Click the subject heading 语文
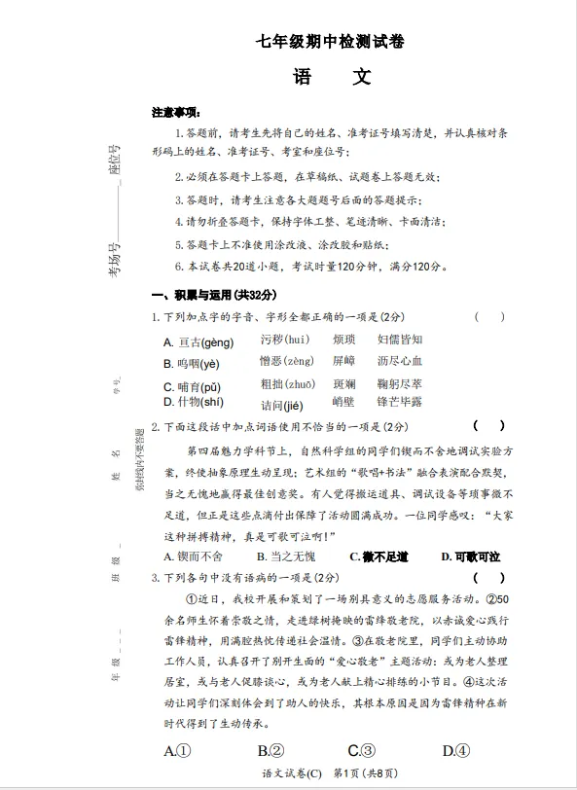tap(331, 77)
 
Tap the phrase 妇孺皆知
tap(400, 340)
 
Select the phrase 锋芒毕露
tap(400, 402)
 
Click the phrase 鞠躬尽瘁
tap(400, 384)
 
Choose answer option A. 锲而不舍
tap(194, 557)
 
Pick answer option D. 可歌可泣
tap(470, 557)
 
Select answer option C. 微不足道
tap(379, 557)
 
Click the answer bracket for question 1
tap(489, 316)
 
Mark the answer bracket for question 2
tap(489, 425)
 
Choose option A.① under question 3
tap(177, 750)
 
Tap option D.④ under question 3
tap(455, 750)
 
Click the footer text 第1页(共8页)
tap(365, 773)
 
